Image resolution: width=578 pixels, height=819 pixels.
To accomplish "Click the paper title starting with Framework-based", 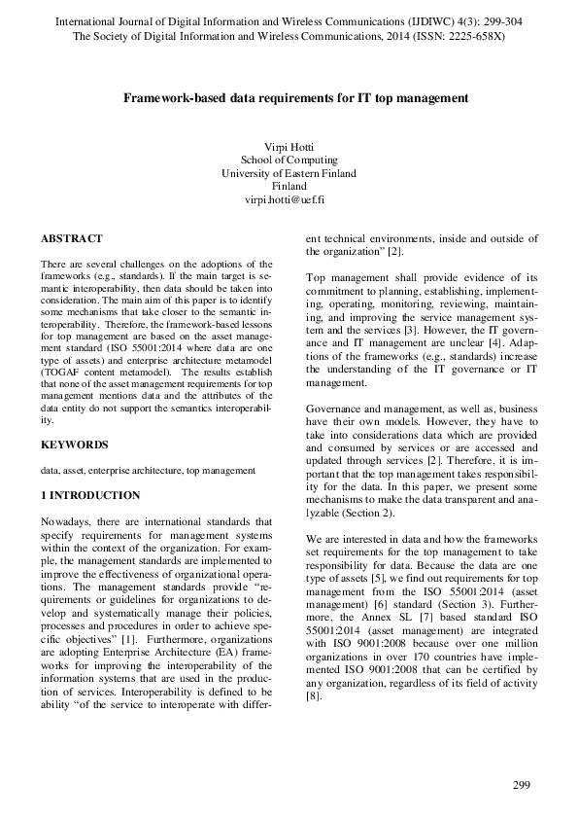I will (289, 98).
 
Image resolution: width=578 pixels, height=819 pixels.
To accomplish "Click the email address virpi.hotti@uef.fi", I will (289, 198).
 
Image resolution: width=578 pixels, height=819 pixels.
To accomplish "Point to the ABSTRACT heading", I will (72, 238).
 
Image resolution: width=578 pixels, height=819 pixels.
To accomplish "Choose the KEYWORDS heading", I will (74, 445).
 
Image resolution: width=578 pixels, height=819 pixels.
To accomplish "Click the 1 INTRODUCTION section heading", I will (90, 496).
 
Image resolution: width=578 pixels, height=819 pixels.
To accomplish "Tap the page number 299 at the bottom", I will (522, 785).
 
